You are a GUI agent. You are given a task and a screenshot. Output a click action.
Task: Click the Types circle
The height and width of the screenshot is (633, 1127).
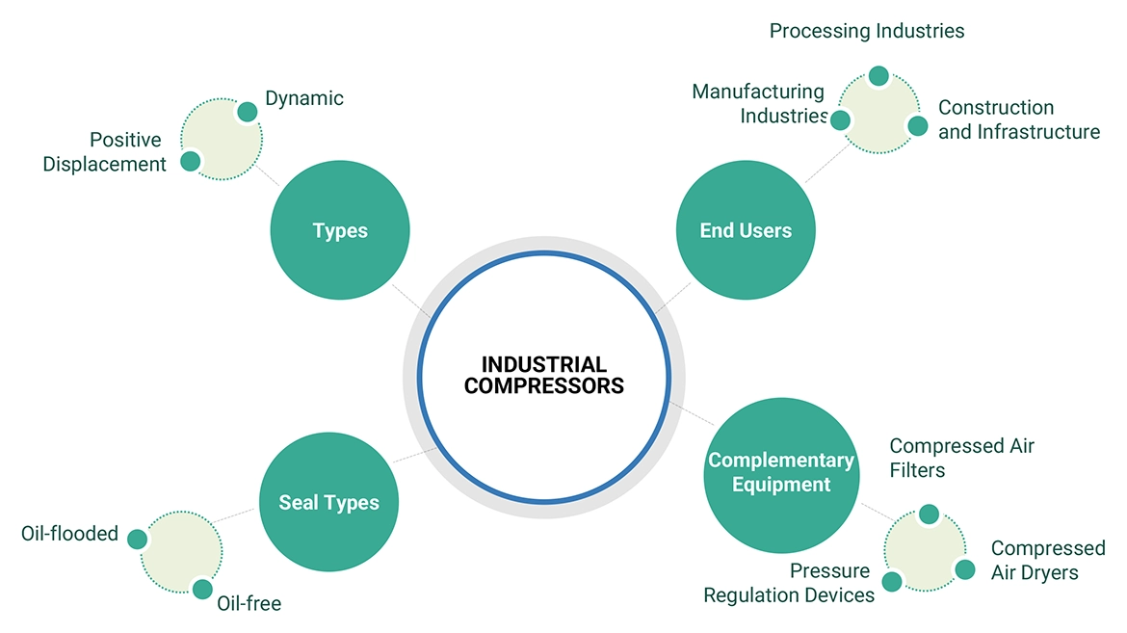tap(340, 231)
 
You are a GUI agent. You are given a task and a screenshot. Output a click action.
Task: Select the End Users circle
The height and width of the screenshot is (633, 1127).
tap(746, 231)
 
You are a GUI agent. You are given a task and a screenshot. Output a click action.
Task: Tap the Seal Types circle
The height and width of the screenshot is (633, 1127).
tap(329, 502)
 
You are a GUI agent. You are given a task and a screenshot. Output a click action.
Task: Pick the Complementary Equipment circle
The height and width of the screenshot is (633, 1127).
tap(781, 472)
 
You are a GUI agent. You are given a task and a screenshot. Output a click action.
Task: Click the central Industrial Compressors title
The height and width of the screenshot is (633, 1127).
tap(544, 376)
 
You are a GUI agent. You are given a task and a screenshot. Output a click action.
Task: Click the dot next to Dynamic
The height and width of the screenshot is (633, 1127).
tap(248, 112)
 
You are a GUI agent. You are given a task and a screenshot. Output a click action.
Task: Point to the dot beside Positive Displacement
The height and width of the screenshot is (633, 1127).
tap(191, 161)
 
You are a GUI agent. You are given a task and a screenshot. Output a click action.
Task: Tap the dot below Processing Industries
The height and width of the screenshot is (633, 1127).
tap(878, 76)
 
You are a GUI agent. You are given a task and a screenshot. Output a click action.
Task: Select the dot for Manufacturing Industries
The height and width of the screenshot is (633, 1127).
tap(840, 120)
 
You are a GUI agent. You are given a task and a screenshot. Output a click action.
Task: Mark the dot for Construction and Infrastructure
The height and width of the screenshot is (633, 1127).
tap(917, 126)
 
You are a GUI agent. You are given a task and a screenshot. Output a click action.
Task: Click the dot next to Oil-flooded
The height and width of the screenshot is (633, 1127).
tap(137, 539)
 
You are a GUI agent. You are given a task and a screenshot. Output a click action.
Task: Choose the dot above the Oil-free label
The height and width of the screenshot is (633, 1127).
tap(202, 589)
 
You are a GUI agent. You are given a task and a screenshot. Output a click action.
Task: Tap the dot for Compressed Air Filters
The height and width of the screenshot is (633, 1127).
tap(929, 514)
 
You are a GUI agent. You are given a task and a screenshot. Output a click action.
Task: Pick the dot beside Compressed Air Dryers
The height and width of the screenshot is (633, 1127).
tap(965, 569)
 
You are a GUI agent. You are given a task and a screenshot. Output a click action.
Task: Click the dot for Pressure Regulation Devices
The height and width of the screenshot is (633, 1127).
tap(892, 581)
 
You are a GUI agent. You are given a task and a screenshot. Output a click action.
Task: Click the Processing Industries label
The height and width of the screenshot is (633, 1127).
tap(867, 31)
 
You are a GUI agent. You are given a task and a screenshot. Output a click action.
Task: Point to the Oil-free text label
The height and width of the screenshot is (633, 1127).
tap(249, 604)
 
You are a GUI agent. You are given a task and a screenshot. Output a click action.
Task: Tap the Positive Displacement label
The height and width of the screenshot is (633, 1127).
tap(105, 152)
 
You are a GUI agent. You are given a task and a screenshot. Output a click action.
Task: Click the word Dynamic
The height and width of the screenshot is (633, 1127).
tap(304, 98)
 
